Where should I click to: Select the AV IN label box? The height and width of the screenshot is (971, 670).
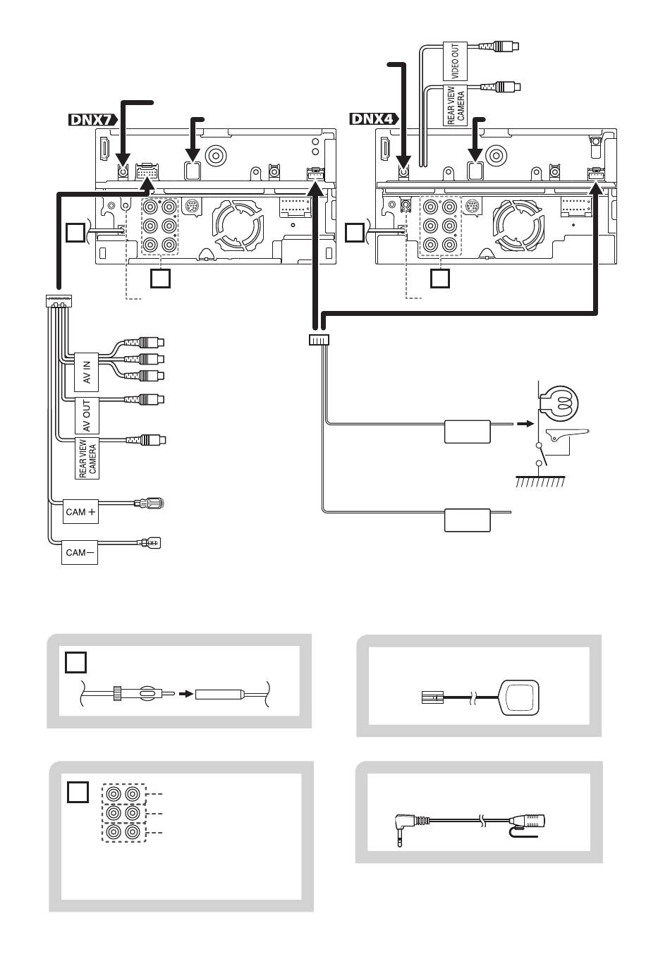pyautogui.click(x=87, y=372)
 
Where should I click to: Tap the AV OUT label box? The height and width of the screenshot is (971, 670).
pyautogui.click(x=87, y=416)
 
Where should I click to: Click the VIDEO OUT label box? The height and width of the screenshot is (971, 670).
pyautogui.click(x=455, y=61)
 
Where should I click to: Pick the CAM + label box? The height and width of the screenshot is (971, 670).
pyautogui.click(x=80, y=512)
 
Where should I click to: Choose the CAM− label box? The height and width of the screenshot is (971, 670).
pyautogui.click(x=79, y=553)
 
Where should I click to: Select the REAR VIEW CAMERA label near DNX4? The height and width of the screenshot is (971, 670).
pyautogui.click(x=456, y=106)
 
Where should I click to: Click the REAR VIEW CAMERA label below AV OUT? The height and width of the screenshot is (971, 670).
pyautogui.click(x=87, y=458)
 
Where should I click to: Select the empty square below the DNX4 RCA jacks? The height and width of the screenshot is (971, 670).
pyautogui.click(x=440, y=279)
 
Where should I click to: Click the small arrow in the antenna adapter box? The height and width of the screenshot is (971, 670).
pyautogui.click(x=185, y=694)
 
